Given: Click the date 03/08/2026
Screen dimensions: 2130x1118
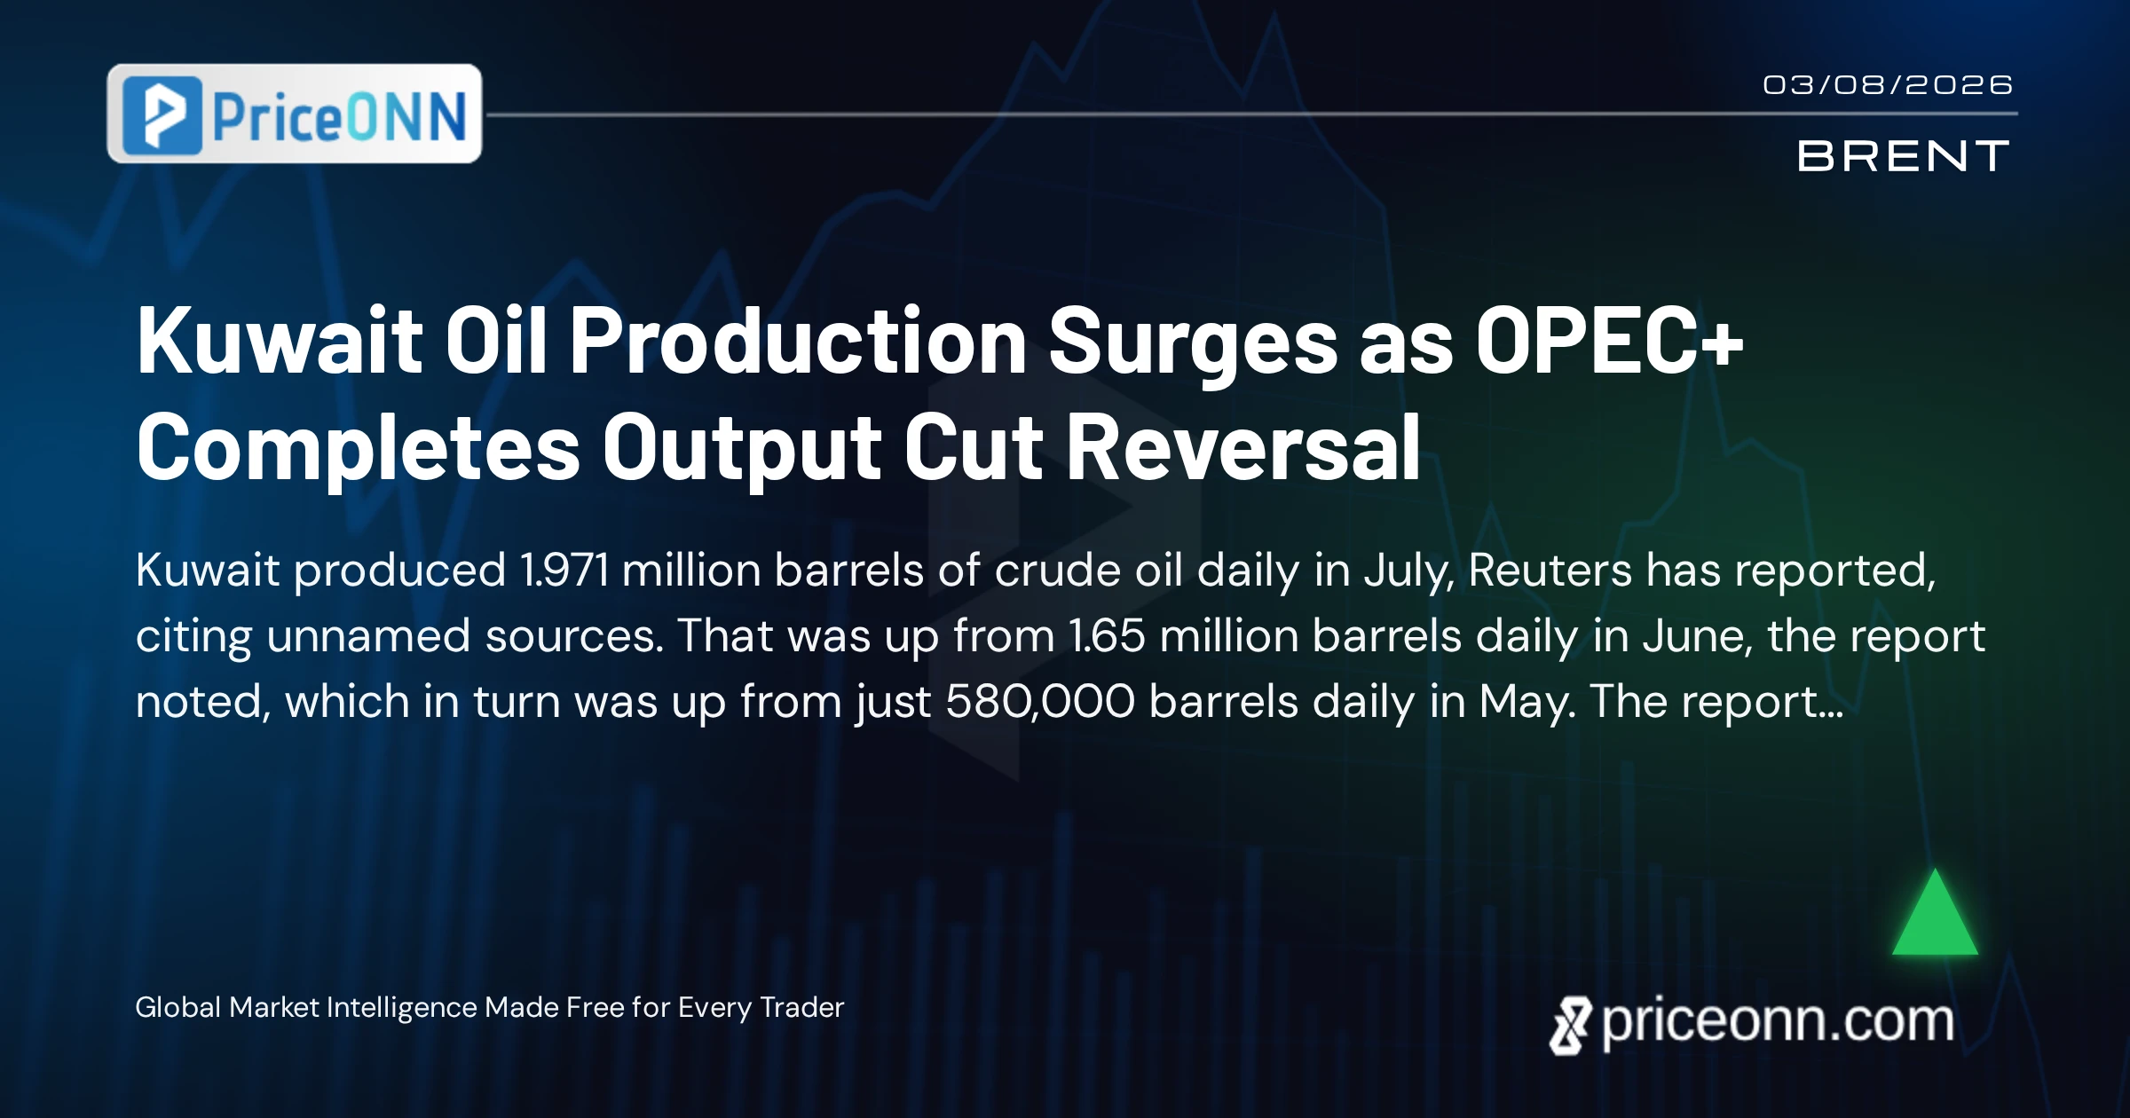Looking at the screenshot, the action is point(1888,85).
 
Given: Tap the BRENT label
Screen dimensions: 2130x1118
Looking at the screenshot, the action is point(1903,156).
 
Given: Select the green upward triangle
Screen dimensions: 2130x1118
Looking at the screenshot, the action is point(1935,912).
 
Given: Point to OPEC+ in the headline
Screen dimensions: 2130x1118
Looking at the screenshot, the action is point(1609,341).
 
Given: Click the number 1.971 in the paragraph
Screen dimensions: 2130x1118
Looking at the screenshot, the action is point(564,570).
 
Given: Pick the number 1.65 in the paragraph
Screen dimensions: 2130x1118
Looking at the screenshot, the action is point(1107,635).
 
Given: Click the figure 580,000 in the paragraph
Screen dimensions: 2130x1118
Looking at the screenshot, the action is point(1040,701).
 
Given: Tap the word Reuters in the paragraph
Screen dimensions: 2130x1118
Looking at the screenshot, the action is point(1550,570).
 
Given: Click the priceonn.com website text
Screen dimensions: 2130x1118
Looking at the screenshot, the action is point(1778,1022).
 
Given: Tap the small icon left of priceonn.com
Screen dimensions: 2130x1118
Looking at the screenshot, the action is point(1570,1026).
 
